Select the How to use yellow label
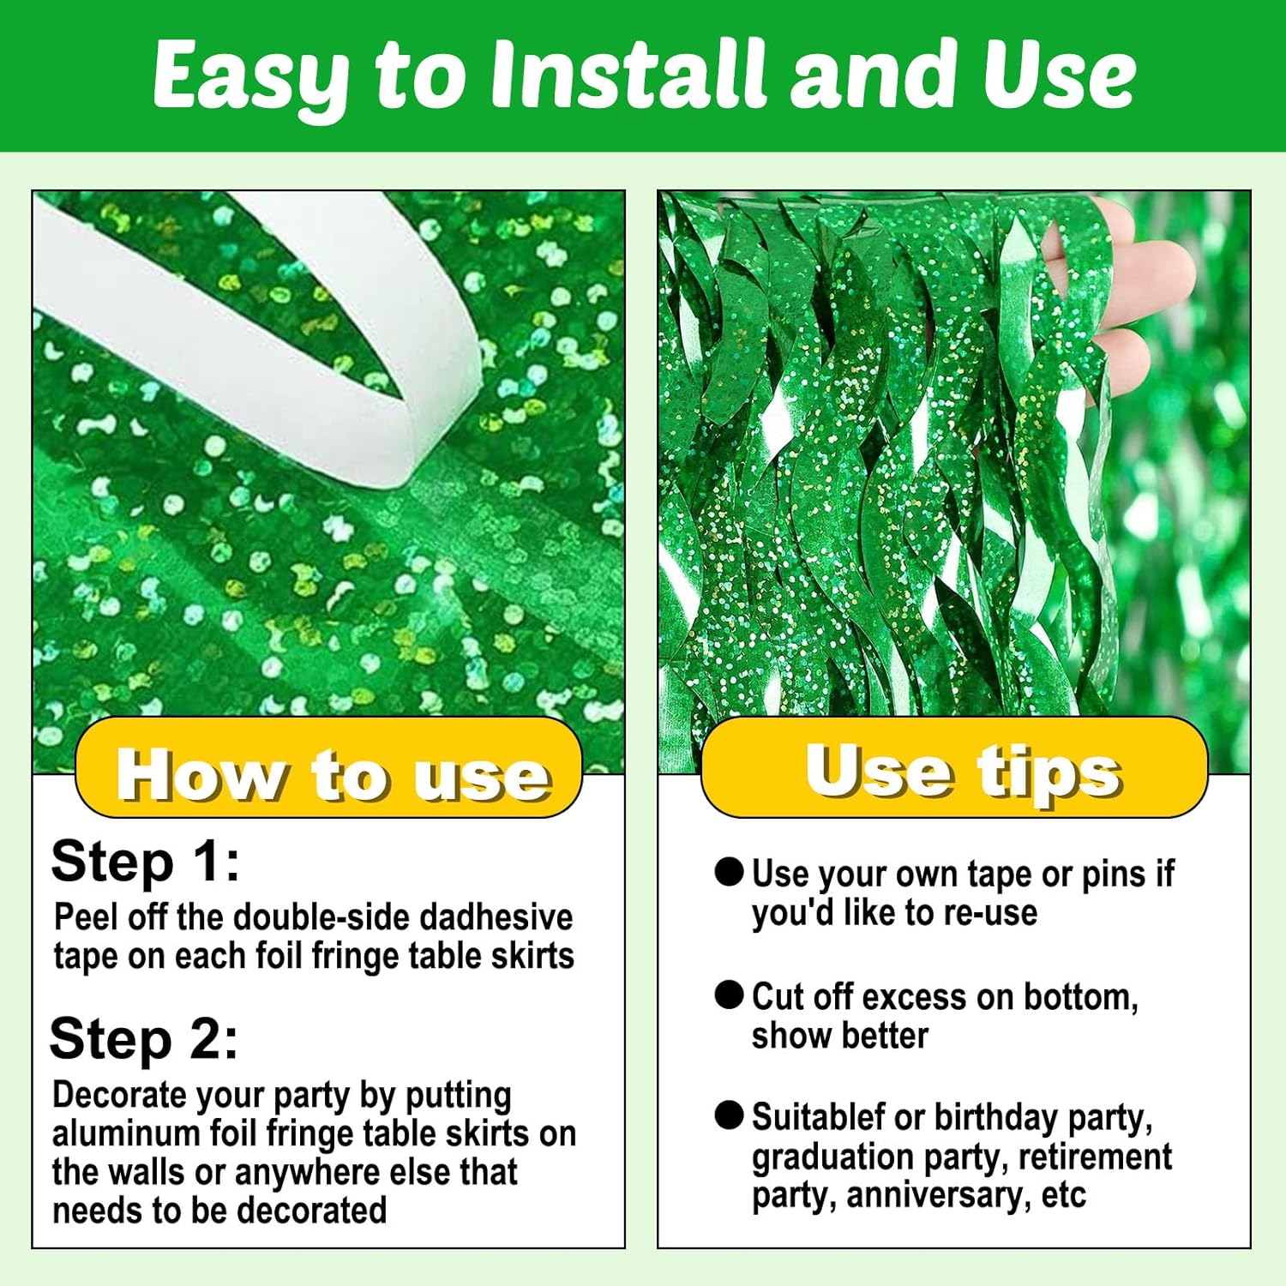[329, 767]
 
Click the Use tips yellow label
[954, 767]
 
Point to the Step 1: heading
[146, 861]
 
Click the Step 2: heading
[144, 1039]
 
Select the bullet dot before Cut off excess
[729, 995]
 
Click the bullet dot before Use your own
[729, 872]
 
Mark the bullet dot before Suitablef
[729, 1115]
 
